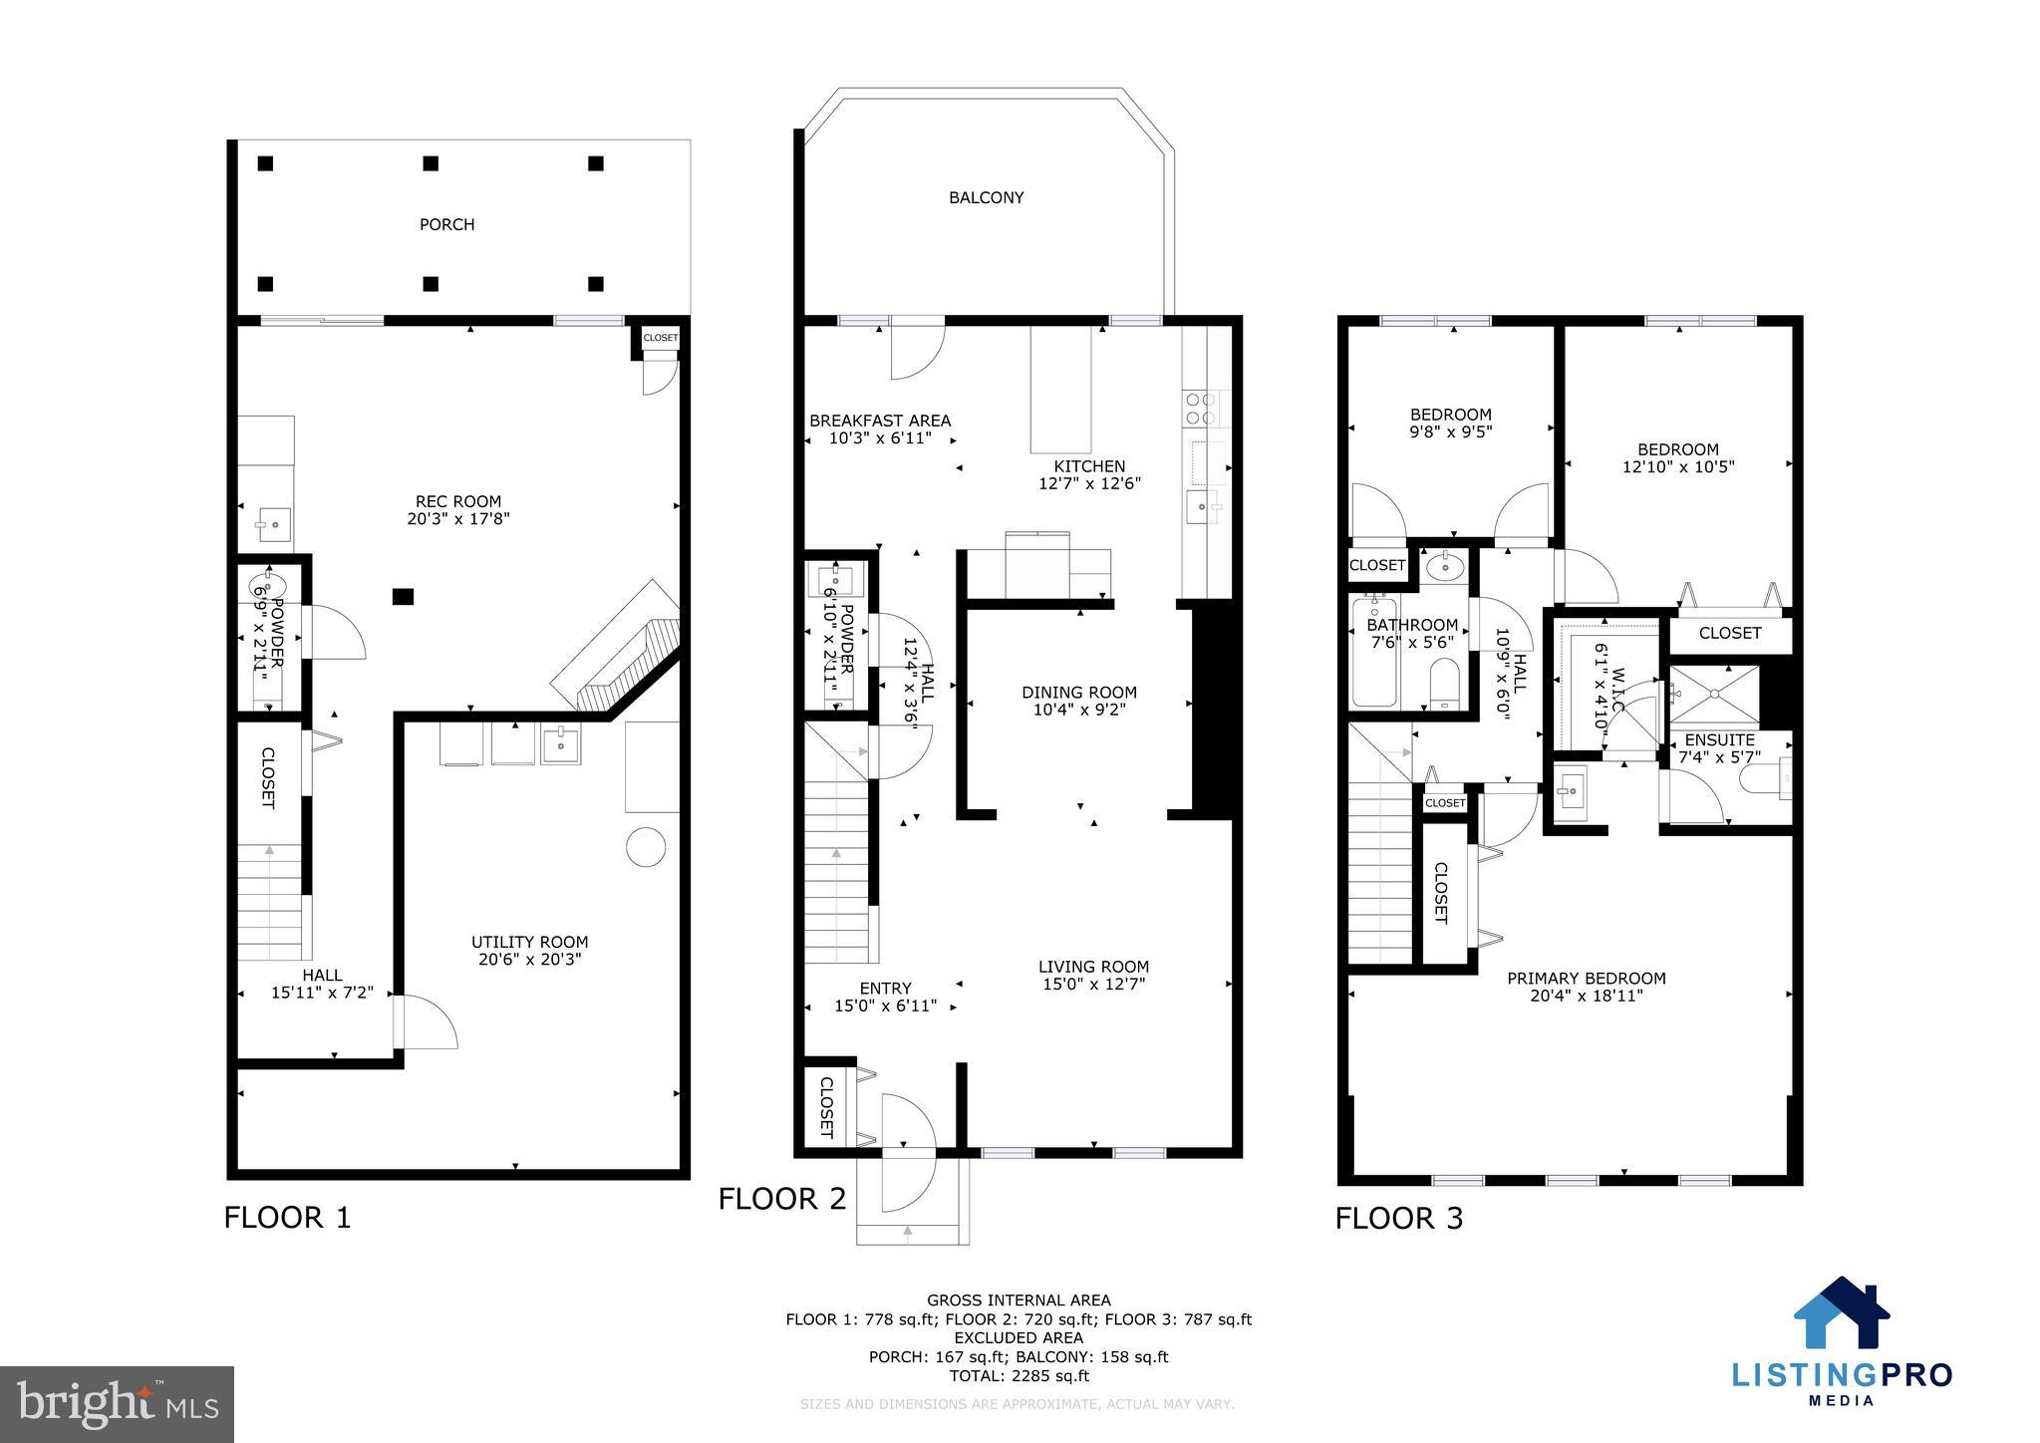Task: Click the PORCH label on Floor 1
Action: (x=446, y=225)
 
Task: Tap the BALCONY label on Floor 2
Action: (x=986, y=198)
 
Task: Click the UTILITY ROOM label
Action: (x=529, y=942)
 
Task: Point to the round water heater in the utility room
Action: (x=645, y=847)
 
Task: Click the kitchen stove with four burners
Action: (x=1200, y=408)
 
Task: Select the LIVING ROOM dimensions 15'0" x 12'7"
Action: (x=1093, y=985)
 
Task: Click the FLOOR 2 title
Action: (x=782, y=1199)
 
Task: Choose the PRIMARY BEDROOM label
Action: (x=1586, y=979)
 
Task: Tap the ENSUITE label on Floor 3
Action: (x=1719, y=740)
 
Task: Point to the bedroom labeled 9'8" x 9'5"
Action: (x=1450, y=424)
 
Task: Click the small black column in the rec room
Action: (x=403, y=597)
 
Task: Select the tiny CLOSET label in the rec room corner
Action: (x=660, y=338)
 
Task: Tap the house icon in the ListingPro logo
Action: (x=1841, y=1313)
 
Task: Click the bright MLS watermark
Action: (x=117, y=1404)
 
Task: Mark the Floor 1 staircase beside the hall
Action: (x=269, y=902)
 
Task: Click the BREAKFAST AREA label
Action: (x=879, y=421)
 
